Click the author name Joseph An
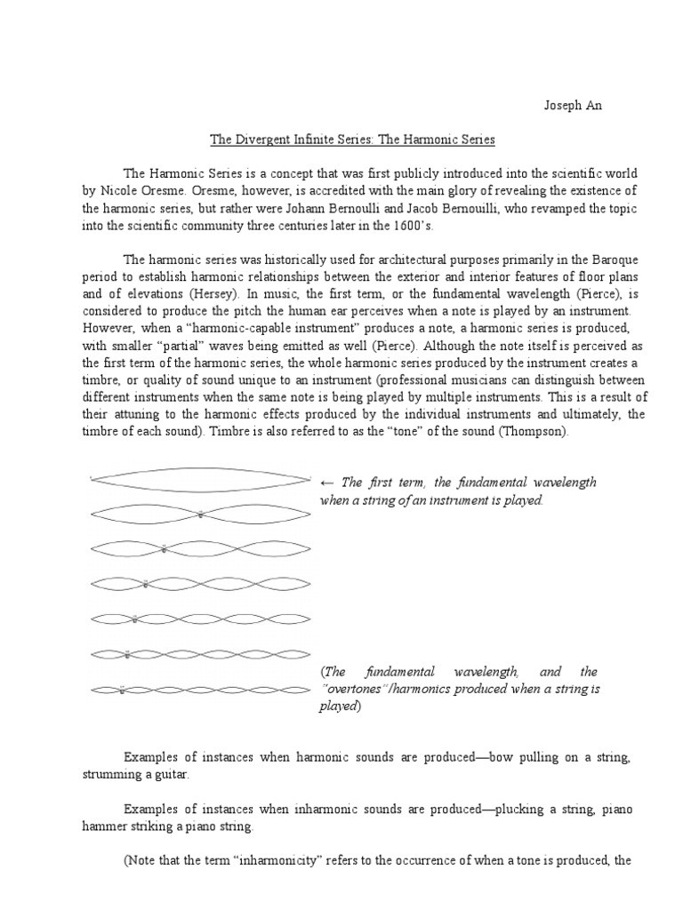pyautogui.click(x=573, y=106)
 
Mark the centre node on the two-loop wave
pyautogui.click(x=201, y=515)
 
